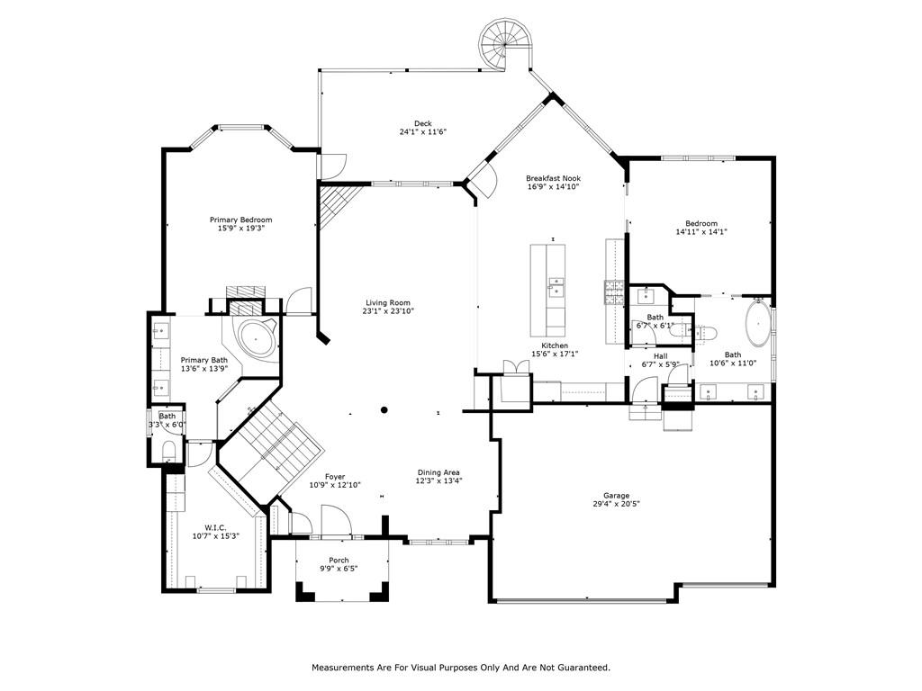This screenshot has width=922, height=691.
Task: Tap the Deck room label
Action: coord(423,123)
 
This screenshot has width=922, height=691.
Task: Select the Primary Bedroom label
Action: coord(241,220)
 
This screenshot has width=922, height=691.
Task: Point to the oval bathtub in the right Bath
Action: coord(758,324)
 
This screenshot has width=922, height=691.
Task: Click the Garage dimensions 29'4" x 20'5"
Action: coord(616,504)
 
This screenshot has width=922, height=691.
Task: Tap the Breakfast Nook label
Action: coord(554,178)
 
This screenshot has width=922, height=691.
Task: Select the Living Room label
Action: coord(388,303)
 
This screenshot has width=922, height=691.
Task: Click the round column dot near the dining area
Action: coord(384,410)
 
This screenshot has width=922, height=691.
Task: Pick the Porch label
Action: coord(339,560)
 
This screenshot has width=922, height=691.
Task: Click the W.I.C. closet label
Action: coord(215,527)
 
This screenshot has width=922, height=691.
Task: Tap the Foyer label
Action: coord(335,477)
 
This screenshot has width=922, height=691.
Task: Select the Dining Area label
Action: coord(438,472)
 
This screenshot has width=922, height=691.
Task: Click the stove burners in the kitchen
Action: coord(614,292)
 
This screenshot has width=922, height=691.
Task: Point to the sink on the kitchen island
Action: coord(556,289)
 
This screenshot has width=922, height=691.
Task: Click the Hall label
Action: coord(660,356)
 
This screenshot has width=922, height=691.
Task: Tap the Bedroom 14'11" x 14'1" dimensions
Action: coord(701,231)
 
